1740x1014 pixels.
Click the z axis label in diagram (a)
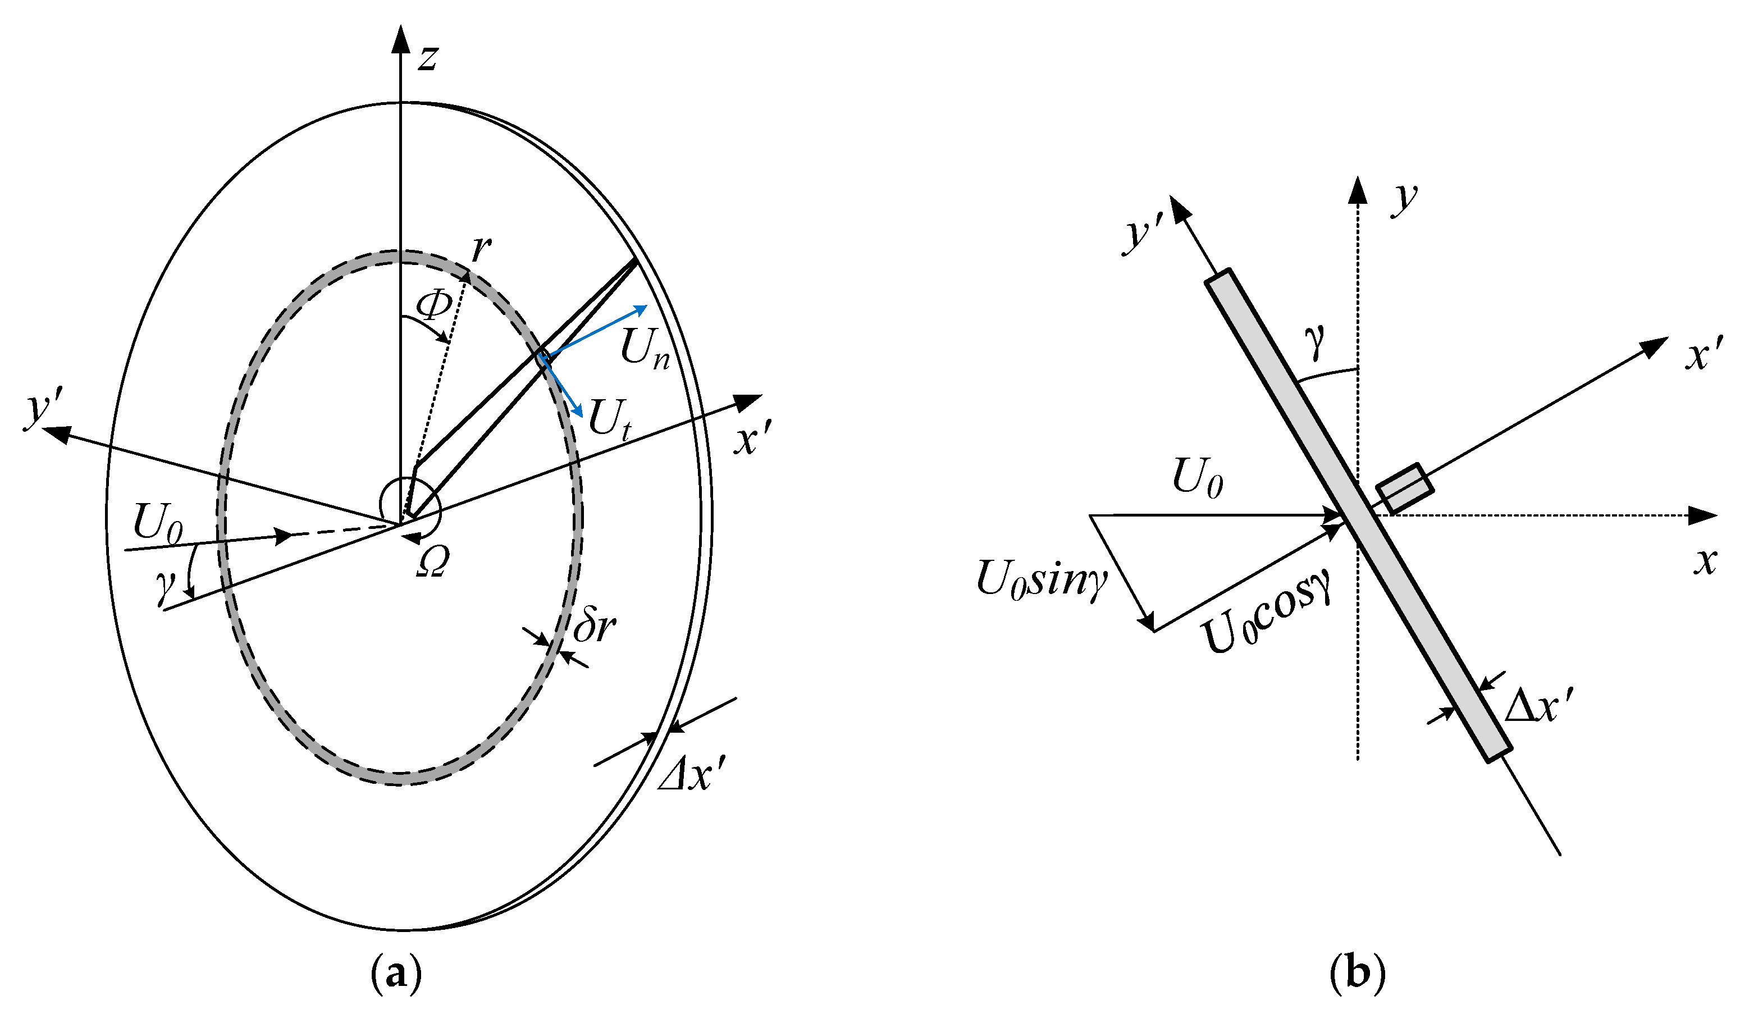click(x=428, y=58)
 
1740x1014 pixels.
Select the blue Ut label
click(x=609, y=419)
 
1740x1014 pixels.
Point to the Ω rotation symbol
click(x=433, y=561)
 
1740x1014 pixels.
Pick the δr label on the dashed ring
click(x=595, y=626)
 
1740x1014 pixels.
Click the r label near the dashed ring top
click(x=481, y=249)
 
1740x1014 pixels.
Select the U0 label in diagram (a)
click(x=157, y=524)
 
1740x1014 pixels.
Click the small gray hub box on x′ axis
click(x=1405, y=488)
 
